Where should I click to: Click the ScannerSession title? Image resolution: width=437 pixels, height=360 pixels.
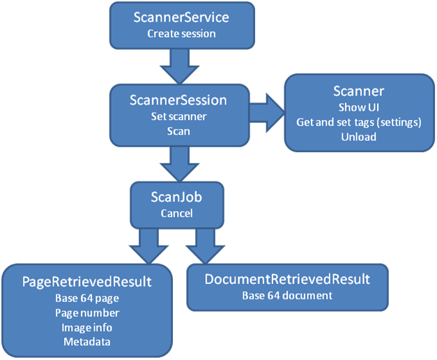(x=178, y=100)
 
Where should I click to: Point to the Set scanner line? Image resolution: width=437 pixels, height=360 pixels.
(x=178, y=116)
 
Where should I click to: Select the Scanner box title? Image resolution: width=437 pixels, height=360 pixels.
(x=359, y=91)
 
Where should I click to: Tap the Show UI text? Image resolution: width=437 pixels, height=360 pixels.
(x=359, y=108)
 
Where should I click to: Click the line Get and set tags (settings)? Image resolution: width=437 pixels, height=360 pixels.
(x=359, y=123)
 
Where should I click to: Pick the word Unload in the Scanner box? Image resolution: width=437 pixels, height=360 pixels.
(x=359, y=137)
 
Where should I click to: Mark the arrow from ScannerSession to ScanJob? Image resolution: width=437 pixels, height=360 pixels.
(x=178, y=166)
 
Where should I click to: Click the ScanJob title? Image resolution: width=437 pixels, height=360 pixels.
(x=176, y=197)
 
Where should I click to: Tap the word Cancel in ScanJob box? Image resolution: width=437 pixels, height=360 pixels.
(x=176, y=213)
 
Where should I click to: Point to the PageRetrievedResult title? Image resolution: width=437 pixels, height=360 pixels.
(x=87, y=283)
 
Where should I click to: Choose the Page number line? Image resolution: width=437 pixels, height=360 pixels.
(x=87, y=313)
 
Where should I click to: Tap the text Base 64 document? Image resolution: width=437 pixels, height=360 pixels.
(x=287, y=295)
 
